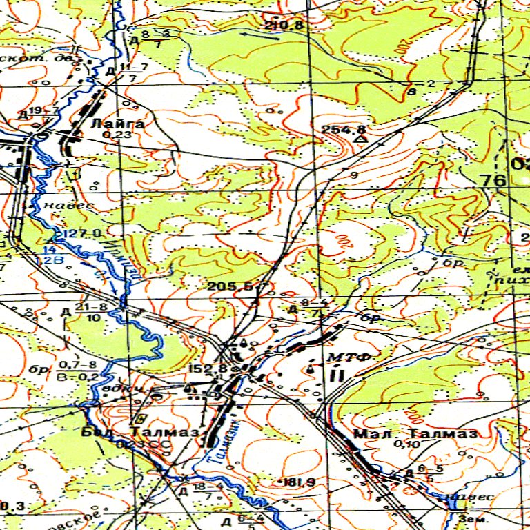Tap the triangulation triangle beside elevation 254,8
pos(359,140)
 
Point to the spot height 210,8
pos(284,26)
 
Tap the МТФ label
pos(350,357)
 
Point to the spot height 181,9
pos(289,481)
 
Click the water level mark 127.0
pos(83,233)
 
